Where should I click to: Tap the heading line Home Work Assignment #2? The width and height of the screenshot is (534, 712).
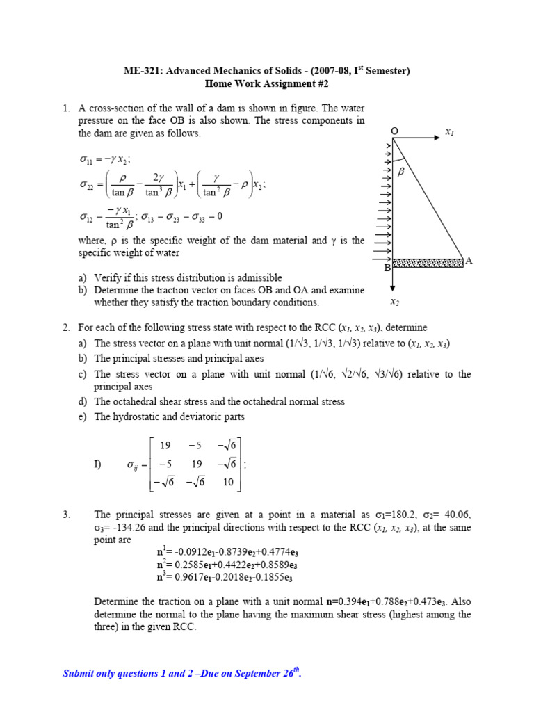point(266,84)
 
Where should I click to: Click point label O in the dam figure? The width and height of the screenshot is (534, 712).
point(394,131)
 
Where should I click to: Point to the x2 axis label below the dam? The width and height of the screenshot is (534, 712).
point(394,302)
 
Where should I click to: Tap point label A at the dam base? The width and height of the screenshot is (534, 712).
point(469,261)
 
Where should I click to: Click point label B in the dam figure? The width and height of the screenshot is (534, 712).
point(387,267)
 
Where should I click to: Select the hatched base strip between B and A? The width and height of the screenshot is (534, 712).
point(428,263)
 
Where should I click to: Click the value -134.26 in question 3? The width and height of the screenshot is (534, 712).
point(120,528)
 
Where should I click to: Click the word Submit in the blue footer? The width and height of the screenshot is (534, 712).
point(79,673)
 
